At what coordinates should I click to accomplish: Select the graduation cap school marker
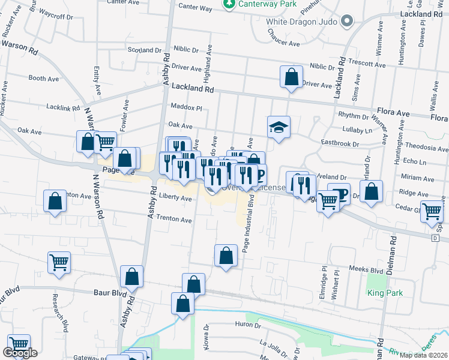click(279, 127)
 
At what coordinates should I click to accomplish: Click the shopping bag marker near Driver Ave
click(291, 77)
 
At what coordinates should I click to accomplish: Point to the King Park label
click(385, 293)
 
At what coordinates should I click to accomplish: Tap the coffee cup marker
click(339, 194)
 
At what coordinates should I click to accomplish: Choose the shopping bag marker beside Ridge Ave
click(372, 193)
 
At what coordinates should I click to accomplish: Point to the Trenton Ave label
click(173, 220)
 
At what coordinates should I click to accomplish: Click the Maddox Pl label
click(186, 108)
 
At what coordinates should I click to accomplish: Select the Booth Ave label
click(43, 78)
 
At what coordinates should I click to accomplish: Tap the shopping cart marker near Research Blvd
click(59, 262)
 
